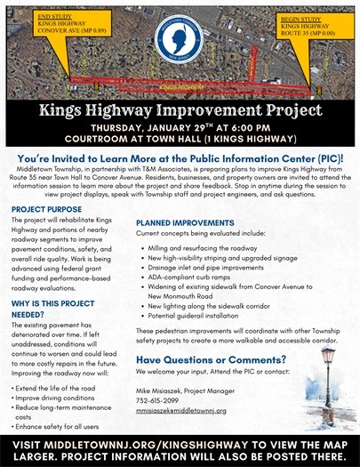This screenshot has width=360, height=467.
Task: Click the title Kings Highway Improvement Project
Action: pyautogui.click(x=180, y=111)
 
